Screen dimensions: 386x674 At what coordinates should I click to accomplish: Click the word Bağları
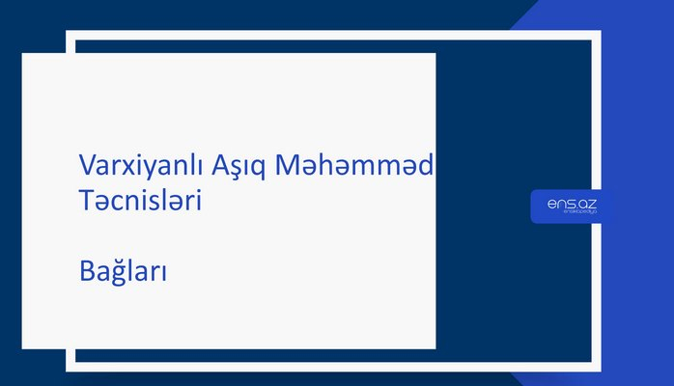(x=124, y=272)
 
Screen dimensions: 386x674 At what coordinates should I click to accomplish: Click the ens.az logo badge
(x=572, y=207)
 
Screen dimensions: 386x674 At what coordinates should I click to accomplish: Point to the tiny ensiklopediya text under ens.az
(x=572, y=214)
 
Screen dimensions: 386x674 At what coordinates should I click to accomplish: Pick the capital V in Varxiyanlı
(x=86, y=165)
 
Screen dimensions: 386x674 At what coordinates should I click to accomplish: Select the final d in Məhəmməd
(x=427, y=165)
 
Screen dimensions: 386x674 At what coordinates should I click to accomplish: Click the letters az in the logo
(x=587, y=203)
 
